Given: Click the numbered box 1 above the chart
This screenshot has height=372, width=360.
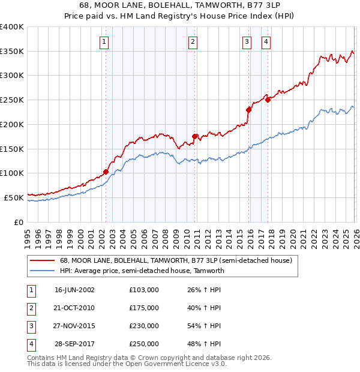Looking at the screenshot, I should tap(104, 42).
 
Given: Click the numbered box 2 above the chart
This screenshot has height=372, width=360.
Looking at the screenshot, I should tap(193, 42).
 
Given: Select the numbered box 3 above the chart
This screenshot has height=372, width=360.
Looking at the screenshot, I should tap(247, 42).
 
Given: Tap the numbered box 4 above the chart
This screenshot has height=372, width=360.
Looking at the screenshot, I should tap(266, 42).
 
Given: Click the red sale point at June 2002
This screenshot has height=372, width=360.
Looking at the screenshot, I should tap(106, 172).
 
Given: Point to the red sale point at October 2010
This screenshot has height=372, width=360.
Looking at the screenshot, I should tap(195, 136).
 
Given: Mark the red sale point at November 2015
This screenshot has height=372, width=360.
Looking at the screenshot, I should tap(248, 109).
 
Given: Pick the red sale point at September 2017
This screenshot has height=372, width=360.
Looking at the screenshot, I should tap(268, 100).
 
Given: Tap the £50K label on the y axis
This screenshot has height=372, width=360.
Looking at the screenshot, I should tap(14, 197).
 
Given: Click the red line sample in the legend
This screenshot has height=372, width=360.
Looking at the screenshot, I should tap(42, 261).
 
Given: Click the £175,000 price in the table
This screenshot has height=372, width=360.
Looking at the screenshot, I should tap(143, 308).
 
